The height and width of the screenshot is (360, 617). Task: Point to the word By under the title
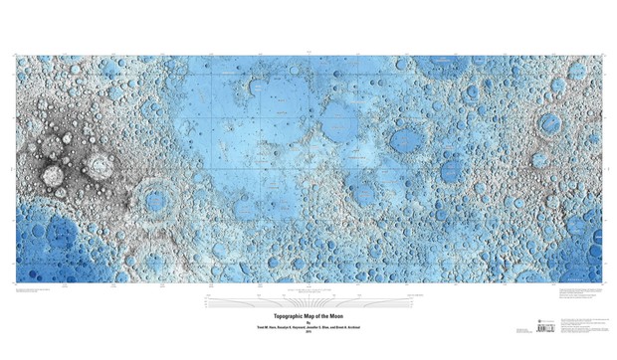click(308, 321)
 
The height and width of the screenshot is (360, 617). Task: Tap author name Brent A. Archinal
click(363, 327)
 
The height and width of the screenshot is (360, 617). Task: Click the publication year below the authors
click(308, 332)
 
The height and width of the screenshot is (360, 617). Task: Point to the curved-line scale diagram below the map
click(308, 300)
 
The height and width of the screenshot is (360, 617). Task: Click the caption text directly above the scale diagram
click(308, 289)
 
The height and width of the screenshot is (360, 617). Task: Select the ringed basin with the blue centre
click(155, 200)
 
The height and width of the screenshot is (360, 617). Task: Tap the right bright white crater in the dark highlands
click(99, 166)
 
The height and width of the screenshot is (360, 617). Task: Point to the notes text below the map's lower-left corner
click(40, 291)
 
